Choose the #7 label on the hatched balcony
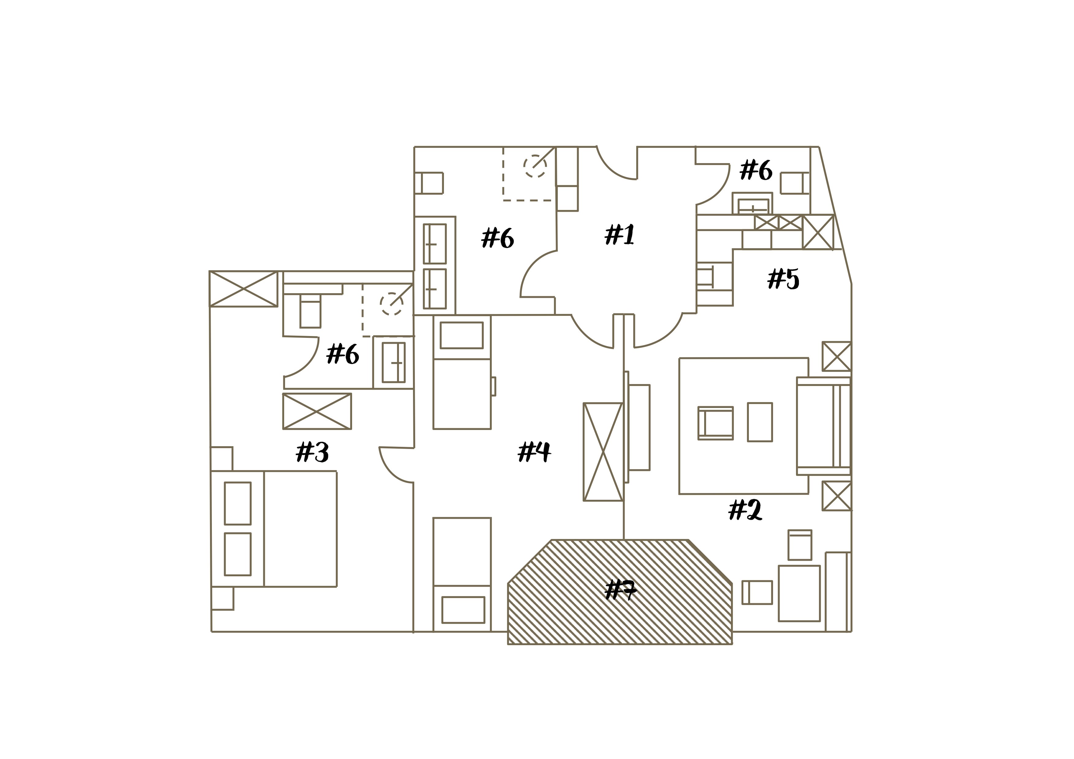[620, 590]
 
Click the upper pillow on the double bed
[238, 503]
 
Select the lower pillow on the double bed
[238, 554]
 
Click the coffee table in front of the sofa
[760, 422]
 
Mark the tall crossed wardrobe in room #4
[603, 452]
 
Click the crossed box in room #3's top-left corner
[243, 289]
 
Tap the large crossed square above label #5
[818, 232]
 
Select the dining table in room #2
[799, 593]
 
